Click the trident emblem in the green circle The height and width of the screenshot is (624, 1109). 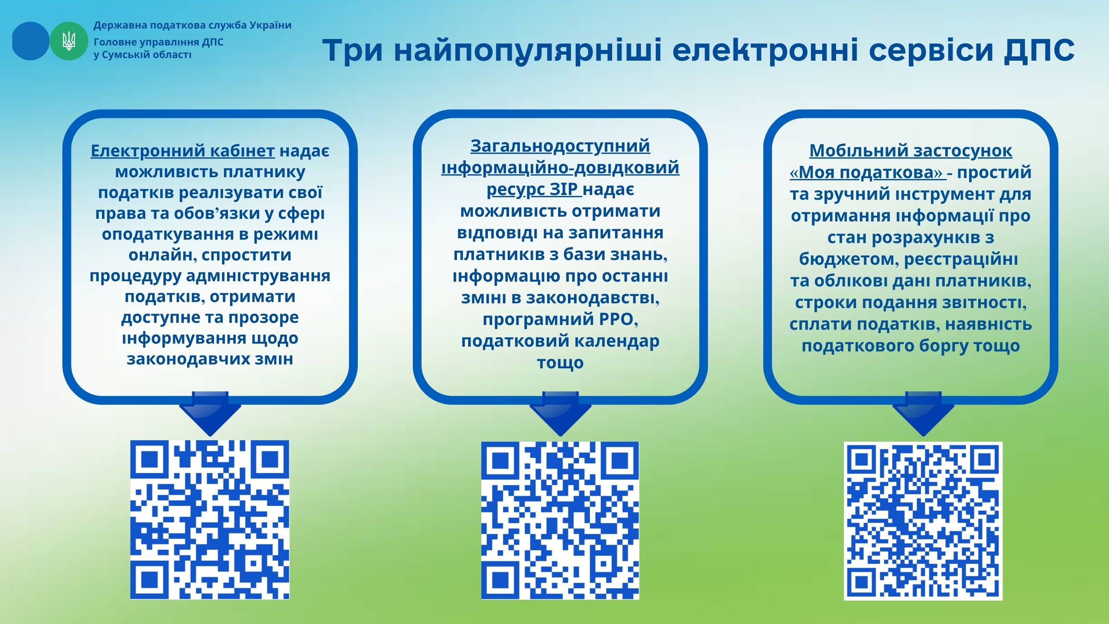(x=69, y=41)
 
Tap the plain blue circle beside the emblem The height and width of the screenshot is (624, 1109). (x=30, y=41)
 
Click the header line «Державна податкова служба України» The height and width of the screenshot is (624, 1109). (x=192, y=26)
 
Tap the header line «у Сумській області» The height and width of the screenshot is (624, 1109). (x=143, y=55)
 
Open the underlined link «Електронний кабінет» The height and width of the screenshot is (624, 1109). (x=182, y=151)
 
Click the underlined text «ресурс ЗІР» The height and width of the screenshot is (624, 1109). (x=534, y=189)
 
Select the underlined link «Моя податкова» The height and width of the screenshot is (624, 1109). (x=868, y=172)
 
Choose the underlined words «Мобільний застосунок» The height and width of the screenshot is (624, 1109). (x=911, y=151)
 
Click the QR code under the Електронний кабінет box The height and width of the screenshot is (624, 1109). (x=210, y=520)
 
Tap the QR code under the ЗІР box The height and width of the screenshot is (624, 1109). (x=560, y=520)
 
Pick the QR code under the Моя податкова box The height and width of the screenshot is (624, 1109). (x=923, y=521)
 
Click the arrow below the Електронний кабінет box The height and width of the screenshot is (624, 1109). (x=210, y=414)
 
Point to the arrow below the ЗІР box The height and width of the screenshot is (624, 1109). (x=560, y=414)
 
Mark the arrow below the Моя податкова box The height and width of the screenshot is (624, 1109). (x=923, y=414)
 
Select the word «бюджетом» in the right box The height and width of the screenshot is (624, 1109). (x=849, y=259)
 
